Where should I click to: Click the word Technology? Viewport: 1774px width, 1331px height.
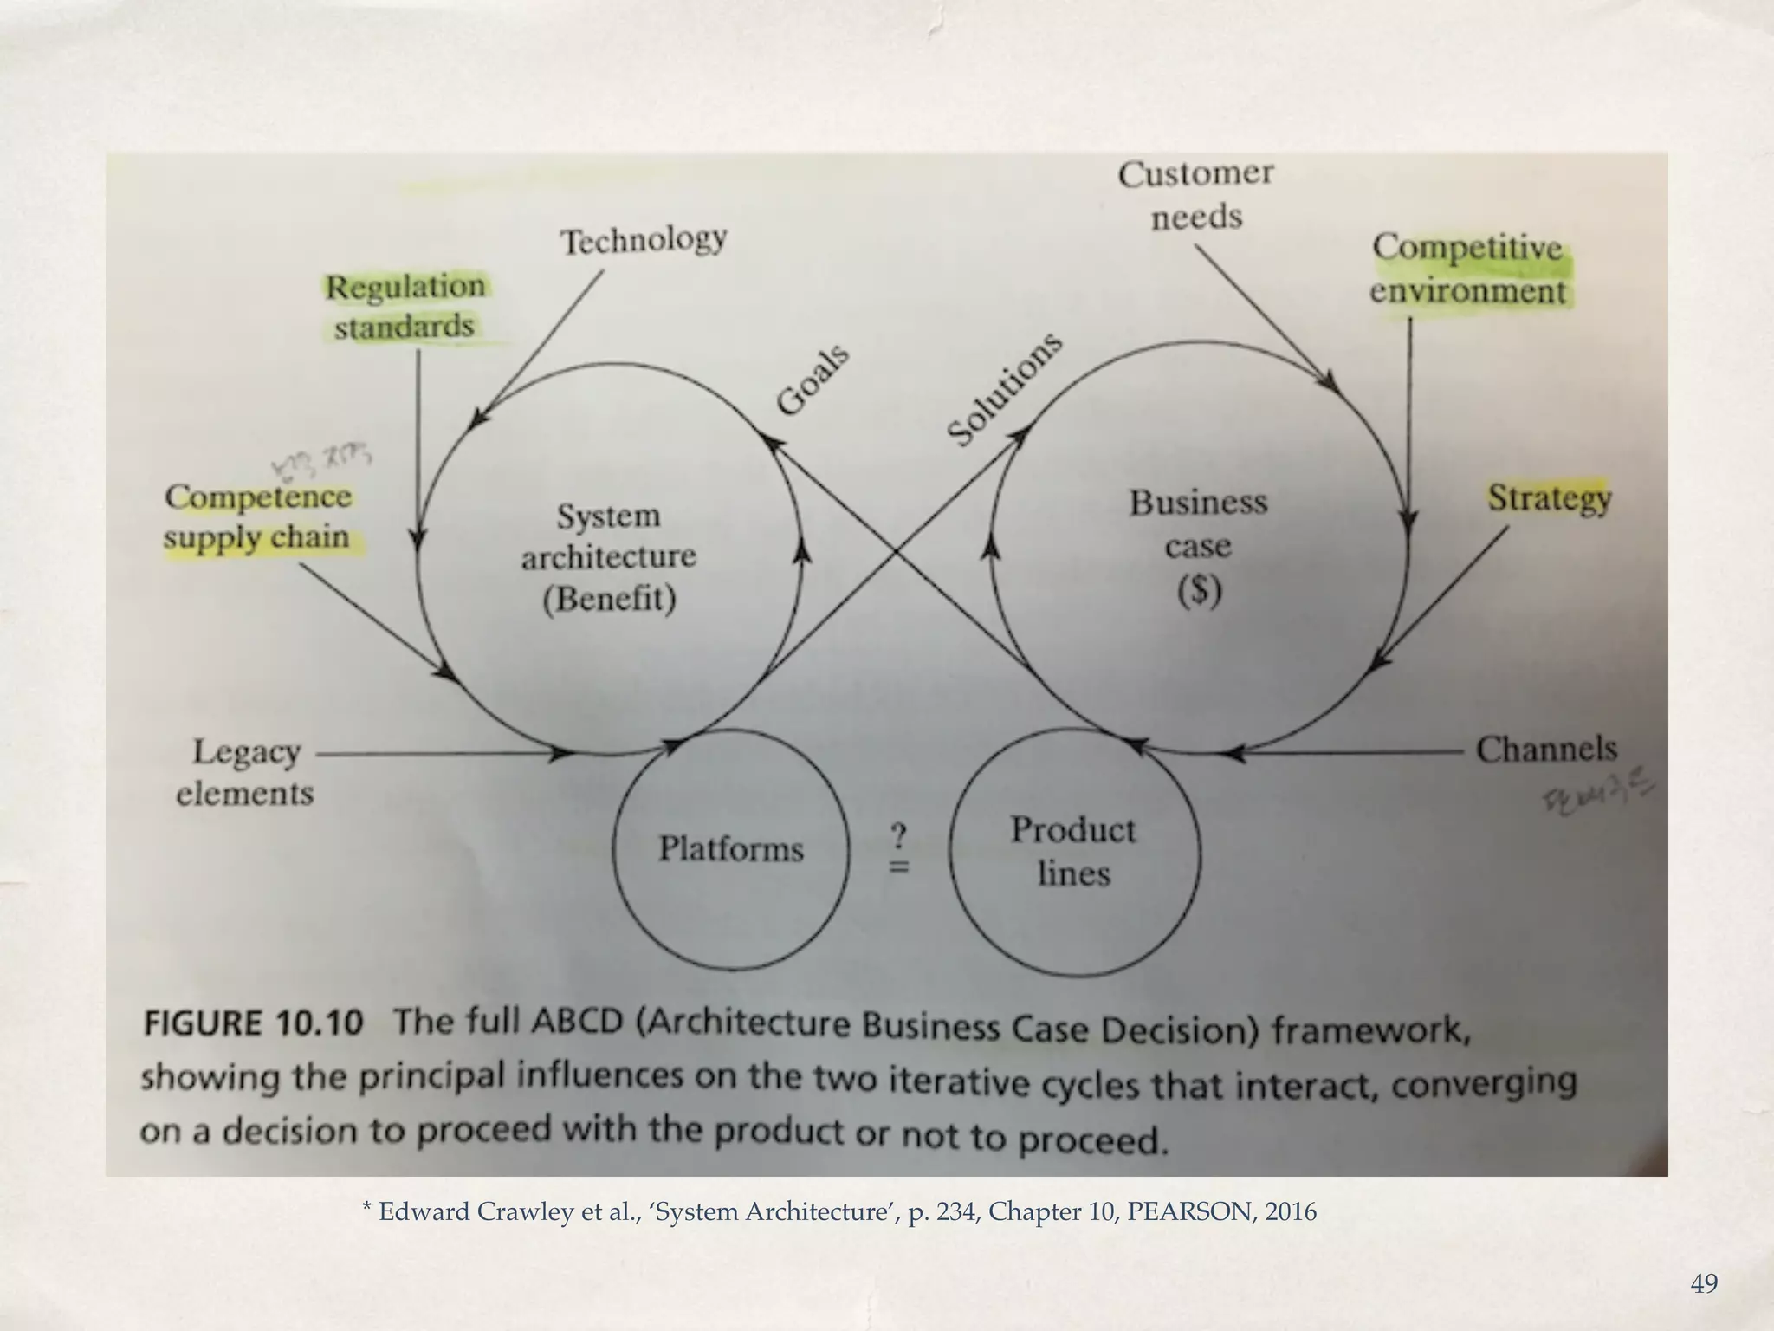(644, 240)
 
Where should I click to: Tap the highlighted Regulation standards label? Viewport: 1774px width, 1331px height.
(405, 307)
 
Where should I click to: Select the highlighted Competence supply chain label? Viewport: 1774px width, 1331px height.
(257, 517)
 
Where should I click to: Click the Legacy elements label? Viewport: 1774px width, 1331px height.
(245, 772)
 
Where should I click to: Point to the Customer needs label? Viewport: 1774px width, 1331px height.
(1195, 195)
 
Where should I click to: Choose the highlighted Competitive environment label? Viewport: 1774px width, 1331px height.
(1467, 269)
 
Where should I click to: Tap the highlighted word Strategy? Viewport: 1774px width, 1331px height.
(1549, 498)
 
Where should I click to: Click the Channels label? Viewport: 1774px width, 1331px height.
(1546, 750)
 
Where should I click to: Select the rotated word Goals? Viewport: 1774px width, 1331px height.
(812, 380)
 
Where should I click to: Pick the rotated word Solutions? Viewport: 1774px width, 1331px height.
(1003, 389)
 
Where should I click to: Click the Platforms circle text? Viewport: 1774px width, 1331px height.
(731, 848)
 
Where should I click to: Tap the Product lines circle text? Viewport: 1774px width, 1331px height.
(1073, 852)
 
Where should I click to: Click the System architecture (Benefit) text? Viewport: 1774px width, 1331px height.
(609, 557)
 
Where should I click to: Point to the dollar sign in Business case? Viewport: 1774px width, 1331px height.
(1200, 591)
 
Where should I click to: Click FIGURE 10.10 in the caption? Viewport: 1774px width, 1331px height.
(253, 1023)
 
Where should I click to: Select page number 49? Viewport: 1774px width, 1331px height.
(1704, 1283)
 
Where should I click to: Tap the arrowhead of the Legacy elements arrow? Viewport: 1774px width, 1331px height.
(564, 754)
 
